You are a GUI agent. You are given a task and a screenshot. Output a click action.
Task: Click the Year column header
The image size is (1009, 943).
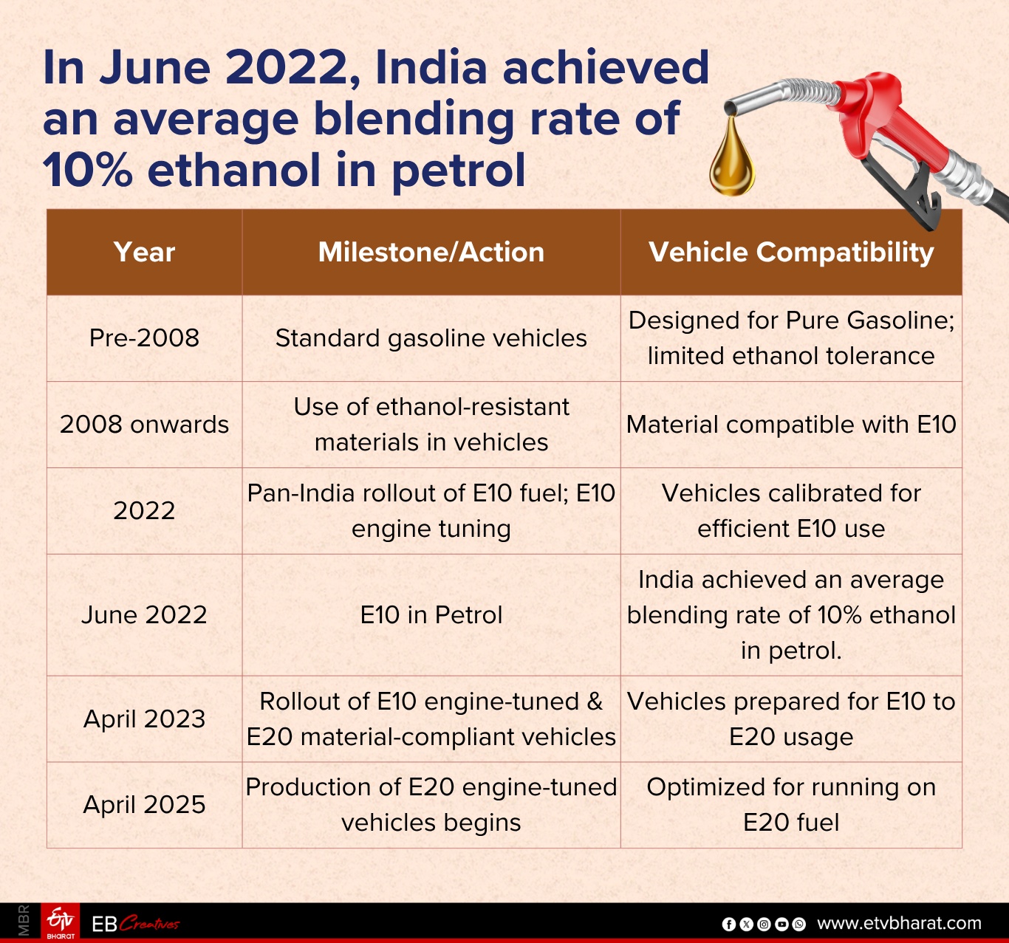(x=144, y=253)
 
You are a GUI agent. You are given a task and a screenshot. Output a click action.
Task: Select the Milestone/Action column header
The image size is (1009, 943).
(x=431, y=253)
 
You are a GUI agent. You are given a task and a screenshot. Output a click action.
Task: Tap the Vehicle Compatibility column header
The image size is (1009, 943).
(x=791, y=253)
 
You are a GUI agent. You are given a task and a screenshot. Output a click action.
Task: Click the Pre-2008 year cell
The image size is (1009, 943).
(x=144, y=338)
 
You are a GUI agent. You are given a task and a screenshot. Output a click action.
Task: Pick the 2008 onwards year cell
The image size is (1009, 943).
(x=144, y=425)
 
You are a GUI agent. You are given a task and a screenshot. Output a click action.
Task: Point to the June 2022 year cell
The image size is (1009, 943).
(x=144, y=614)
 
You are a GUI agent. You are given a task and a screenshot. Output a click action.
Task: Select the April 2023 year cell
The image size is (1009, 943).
(x=144, y=719)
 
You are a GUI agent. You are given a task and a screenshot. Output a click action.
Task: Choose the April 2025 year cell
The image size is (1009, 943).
(x=144, y=804)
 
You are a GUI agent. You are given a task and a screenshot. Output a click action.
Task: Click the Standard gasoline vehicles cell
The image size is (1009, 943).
(x=431, y=338)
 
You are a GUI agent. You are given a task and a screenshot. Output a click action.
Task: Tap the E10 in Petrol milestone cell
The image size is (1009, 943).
(x=431, y=614)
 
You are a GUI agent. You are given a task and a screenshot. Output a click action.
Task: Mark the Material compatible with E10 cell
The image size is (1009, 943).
(x=791, y=425)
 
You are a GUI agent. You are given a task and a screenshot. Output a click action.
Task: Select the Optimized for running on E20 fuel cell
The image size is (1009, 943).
(x=791, y=804)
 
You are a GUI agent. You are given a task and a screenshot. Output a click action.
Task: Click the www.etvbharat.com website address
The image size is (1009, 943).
(x=899, y=923)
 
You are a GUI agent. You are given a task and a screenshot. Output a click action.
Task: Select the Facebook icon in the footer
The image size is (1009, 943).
(x=728, y=924)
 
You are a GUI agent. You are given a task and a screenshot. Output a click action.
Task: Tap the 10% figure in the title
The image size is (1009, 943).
(x=88, y=170)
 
